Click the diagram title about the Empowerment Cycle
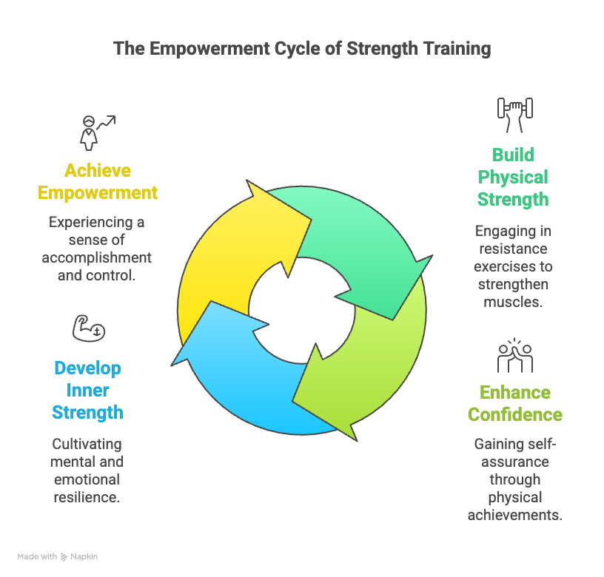[301, 50]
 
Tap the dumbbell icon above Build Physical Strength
[514, 112]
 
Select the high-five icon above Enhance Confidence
[514, 355]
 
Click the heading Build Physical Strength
[513, 177]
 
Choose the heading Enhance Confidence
[514, 403]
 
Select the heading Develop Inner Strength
[87, 390]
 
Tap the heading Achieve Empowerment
[98, 182]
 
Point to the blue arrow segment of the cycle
[244, 377]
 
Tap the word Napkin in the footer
[84, 556]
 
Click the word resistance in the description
[513, 249]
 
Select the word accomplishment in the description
[98, 257]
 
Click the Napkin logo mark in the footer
[64, 556]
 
